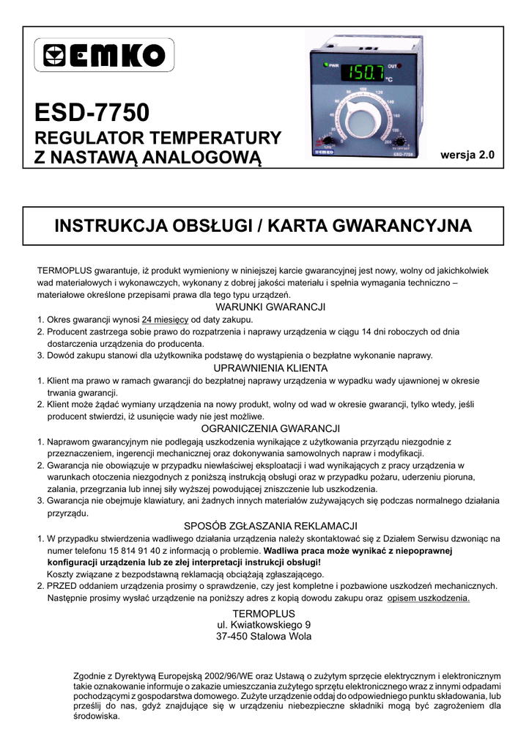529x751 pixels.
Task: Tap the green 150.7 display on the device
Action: tap(364, 73)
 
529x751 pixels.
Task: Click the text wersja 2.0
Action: tap(467, 155)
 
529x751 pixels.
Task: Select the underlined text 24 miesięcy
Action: tap(166, 320)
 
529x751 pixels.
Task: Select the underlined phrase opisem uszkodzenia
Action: tap(429, 598)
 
